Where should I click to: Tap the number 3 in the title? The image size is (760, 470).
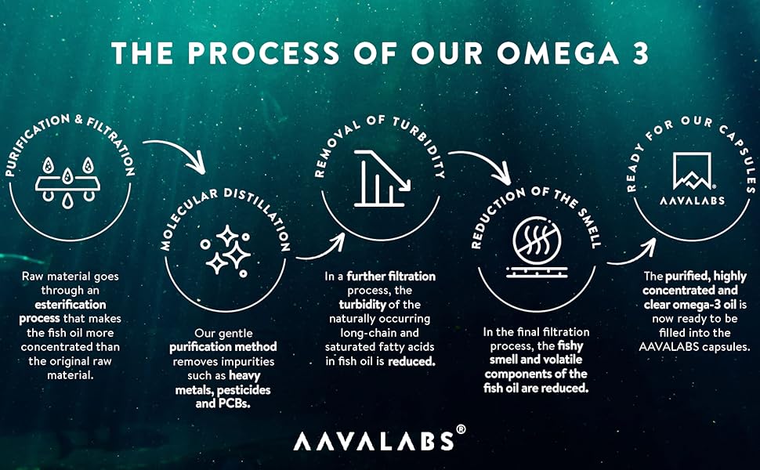[x=639, y=52]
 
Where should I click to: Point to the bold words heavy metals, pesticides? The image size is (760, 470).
[x=233, y=389]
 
